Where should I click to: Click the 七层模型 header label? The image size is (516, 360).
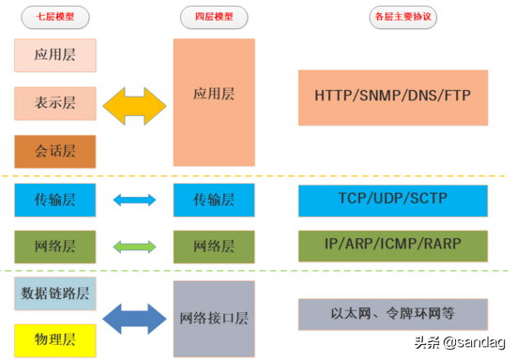point(55,18)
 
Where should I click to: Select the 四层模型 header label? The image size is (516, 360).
point(214,18)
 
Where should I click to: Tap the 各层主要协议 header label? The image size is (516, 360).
point(394,18)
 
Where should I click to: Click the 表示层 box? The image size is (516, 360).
point(55,104)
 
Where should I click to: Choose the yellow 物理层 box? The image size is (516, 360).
point(55,337)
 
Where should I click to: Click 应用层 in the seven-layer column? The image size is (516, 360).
point(55,55)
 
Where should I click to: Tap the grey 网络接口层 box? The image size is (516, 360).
point(214,316)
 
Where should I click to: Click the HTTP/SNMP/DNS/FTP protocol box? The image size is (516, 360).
point(394,97)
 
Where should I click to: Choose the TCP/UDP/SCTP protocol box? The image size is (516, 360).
point(394,200)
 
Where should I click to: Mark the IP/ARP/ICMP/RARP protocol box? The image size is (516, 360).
point(394,245)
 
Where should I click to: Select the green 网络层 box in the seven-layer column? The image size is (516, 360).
point(55,246)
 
